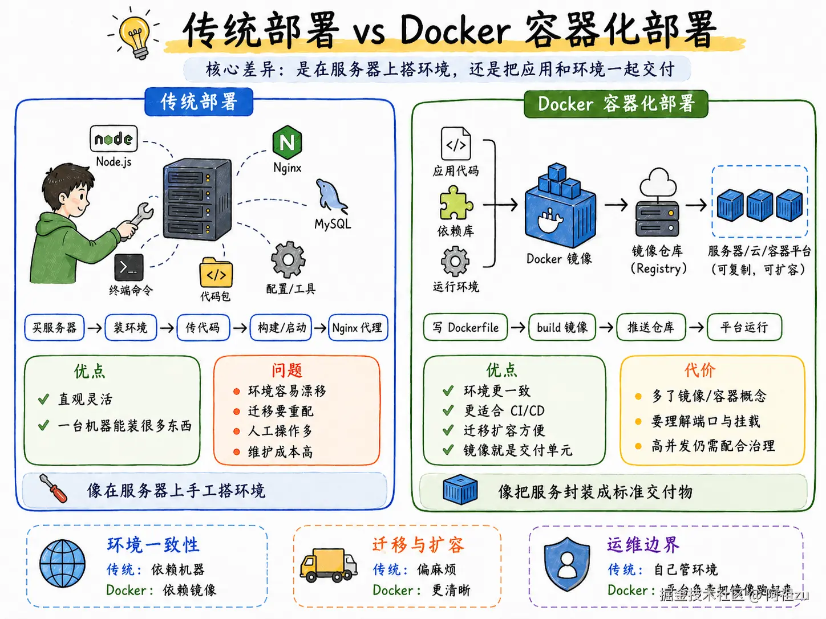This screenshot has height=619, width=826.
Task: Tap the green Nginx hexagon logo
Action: (287, 142)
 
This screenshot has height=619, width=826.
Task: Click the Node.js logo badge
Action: (114, 139)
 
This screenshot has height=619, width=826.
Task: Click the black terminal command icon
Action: (128, 267)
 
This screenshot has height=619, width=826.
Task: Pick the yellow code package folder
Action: (216, 274)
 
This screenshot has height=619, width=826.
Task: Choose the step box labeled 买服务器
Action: (54, 328)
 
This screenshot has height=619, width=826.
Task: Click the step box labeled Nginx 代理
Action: (358, 328)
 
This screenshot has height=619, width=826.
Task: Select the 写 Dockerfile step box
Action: (465, 328)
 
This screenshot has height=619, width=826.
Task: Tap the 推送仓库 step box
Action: (651, 327)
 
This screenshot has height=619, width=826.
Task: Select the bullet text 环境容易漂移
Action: (287, 391)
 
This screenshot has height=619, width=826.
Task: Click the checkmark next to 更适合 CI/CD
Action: (448, 410)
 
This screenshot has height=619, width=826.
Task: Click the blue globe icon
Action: (63, 564)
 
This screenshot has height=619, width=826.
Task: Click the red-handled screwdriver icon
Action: (53, 488)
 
